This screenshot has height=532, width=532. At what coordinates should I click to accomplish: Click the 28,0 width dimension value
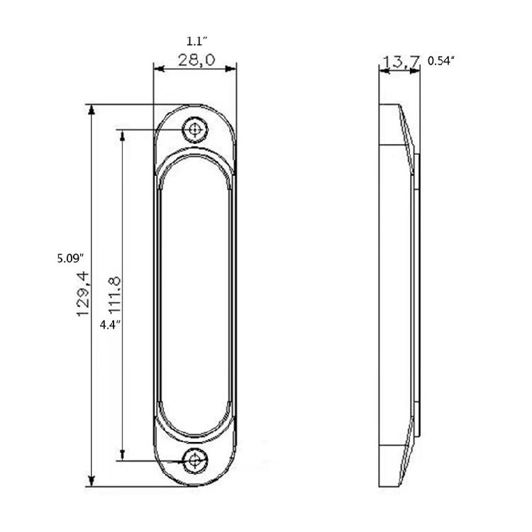coord(196,60)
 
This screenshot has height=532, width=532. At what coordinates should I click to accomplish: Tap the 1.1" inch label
coord(196,41)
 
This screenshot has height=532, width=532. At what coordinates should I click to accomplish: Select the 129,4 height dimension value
coord(84,294)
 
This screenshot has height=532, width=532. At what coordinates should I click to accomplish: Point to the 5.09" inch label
coord(70,258)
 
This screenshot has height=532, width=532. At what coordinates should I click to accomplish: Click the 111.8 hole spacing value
coord(115,294)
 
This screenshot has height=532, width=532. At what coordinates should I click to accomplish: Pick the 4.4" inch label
coord(110,325)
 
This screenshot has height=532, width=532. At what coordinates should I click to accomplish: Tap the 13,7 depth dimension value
coord(401,61)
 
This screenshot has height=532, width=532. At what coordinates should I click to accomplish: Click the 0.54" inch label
coord(440,61)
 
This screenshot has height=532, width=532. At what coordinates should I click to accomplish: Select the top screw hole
coord(195,129)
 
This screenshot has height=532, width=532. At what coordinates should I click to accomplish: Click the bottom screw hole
coord(195,460)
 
